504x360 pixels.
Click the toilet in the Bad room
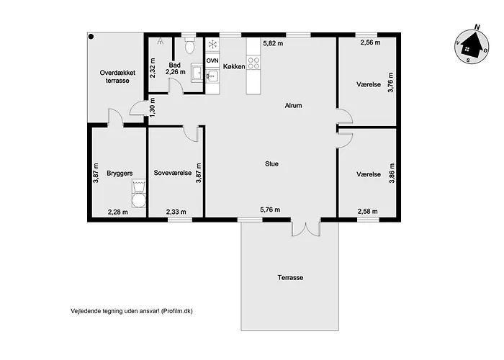pyautogui.click(x=190, y=45)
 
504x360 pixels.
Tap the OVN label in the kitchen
pyautogui.click(x=212, y=60)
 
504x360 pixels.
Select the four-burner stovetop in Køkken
pyautogui.click(x=253, y=63)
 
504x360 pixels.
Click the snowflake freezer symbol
pyautogui.click(x=212, y=44)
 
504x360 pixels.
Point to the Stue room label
pyautogui.click(x=271, y=164)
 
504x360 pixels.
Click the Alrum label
pyautogui.click(x=293, y=105)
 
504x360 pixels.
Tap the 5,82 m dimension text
pyautogui.click(x=273, y=43)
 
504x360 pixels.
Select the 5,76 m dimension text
pyautogui.click(x=270, y=210)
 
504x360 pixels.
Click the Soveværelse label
pyautogui.click(x=173, y=173)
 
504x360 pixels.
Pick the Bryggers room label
pyautogui.click(x=120, y=174)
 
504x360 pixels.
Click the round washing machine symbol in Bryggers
pyautogui.click(x=139, y=200)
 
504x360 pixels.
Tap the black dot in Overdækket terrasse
pyautogui.click(x=91, y=37)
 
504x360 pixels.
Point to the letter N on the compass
pyautogui.click(x=477, y=27)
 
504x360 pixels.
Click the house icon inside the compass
pyautogui.click(x=471, y=46)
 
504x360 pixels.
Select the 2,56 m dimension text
pyautogui.click(x=370, y=42)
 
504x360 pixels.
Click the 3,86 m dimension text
pyautogui.click(x=392, y=174)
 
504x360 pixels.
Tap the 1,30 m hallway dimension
pyautogui.click(x=153, y=107)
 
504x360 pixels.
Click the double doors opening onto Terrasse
pyautogui.click(x=306, y=228)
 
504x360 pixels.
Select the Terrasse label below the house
pyautogui.click(x=290, y=278)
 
